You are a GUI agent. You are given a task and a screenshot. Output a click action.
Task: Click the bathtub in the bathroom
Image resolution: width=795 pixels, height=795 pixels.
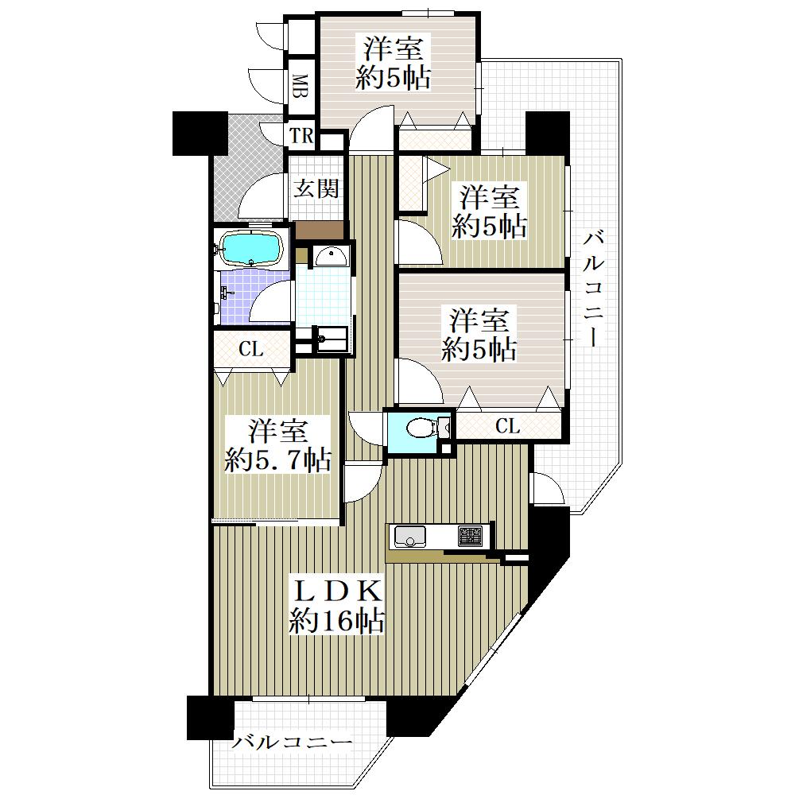click(251, 248)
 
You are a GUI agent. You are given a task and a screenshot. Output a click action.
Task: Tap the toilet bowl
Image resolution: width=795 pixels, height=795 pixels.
click(421, 428)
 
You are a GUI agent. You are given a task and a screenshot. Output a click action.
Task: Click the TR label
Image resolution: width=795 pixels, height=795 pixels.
click(301, 136)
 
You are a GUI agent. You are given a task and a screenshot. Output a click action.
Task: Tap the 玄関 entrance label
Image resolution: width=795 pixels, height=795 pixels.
click(316, 189)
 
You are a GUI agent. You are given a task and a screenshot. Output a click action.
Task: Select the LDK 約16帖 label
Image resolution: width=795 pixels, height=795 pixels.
click(337, 605)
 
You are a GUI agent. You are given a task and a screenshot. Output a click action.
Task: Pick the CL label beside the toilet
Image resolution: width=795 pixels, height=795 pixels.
click(507, 426)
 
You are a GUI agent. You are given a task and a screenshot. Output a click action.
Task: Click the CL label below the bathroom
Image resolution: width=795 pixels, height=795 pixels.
click(251, 349)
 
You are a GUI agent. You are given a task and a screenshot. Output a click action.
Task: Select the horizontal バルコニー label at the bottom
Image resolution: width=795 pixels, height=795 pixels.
click(293, 743)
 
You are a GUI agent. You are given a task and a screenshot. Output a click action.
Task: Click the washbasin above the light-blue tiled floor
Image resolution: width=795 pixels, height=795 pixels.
click(331, 257)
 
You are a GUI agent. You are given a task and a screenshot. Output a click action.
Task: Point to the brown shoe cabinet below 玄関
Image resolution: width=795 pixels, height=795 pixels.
click(320, 231)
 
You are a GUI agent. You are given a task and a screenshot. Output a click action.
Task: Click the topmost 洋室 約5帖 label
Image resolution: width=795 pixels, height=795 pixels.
click(393, 63)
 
